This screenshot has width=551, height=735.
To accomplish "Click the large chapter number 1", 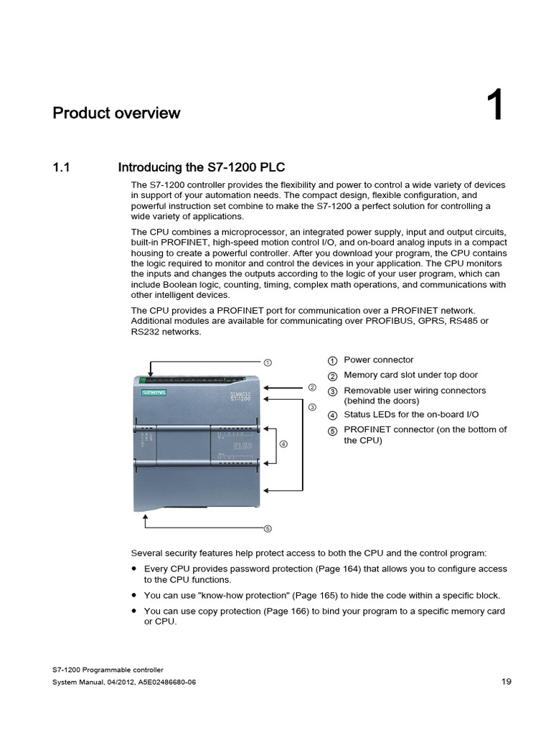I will [x=494, y=106].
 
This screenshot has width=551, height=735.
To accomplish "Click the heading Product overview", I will [x=116, y=113].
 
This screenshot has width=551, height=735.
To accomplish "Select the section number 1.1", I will [x=63, y=168].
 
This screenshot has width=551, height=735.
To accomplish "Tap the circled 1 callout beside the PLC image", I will [x=267, y=362].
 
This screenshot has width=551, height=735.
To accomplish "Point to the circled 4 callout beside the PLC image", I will [x=283, y=444].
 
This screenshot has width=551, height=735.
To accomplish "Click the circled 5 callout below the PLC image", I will [x=268, y=529].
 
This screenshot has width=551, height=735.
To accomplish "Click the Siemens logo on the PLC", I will [x=154, y=392].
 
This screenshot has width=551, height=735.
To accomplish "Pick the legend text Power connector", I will [x=378, y=360].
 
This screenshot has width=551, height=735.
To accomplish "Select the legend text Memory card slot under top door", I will [x=410, y=375].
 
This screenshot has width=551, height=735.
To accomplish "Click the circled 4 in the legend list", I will [x=332, y=416].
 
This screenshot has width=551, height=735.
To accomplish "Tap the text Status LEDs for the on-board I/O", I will [x=411, y=415].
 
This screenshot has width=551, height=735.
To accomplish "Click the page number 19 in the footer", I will [x=506, y=682].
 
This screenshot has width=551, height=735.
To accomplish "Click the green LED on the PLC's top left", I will [x=143, y=381].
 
